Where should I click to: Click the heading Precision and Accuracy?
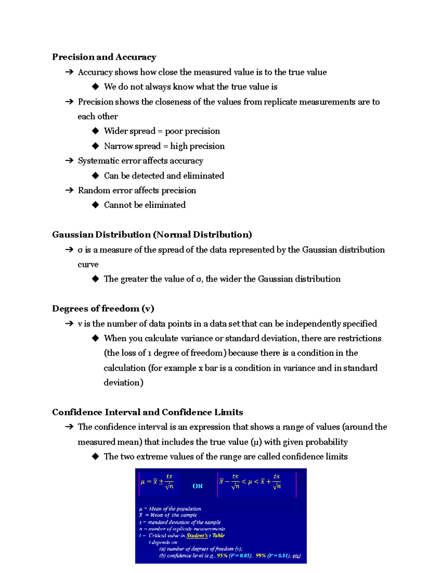pos(104,57)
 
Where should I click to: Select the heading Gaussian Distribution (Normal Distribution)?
pos(152,235)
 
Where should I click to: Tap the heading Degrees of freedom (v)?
pos(103,308)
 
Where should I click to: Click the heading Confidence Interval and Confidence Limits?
pos(147,412)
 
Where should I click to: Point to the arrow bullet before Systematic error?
pos(69,160)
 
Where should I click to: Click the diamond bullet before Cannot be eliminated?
pos(96,205)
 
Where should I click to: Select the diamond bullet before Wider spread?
pos(96,131)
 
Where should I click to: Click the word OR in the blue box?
pos(197,486)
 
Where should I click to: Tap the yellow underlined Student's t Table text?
pos(205,535)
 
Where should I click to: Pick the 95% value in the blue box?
pos(222,556)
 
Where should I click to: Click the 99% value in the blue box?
pos(261,556)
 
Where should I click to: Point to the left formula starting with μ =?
pos(157,482)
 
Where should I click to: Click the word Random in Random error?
pos(89,190)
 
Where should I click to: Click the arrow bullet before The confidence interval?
pos(69,427)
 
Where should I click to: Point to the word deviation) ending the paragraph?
pos(123,383)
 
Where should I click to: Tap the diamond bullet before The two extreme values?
pos(96,456)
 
